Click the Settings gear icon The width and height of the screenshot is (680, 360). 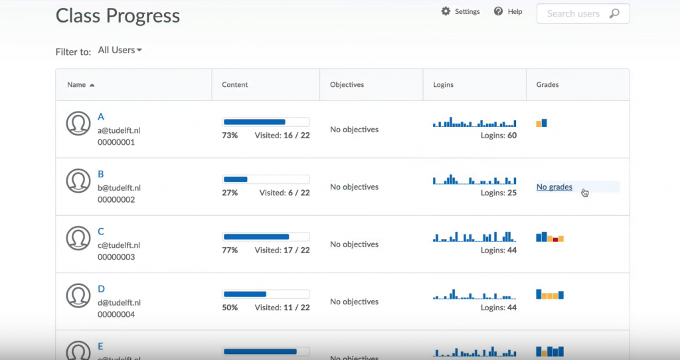click(x=446, y=11)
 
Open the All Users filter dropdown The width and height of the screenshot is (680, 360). click(x=120, y=50)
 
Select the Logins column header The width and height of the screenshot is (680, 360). click(x=444, y=85)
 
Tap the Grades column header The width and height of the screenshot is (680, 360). click(x=547, y=85)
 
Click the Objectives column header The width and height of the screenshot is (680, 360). click(x=347, y=85)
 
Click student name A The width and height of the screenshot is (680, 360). click(x=101, y=117)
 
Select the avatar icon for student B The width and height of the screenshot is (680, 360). click(x=78, y=181)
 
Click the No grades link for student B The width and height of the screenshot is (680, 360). click(x=554, y=187)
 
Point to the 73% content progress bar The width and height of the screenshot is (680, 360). click(x=266, y=122)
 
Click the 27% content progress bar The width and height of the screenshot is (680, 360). click(x=266, y=179)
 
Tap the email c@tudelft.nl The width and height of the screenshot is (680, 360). click(x=119, y=245)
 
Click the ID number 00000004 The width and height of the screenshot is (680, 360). click(x=116, y=314)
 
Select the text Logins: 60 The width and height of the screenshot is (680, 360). click(x=498, y=135)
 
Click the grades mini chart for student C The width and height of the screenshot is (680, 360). click(x=550, y=237)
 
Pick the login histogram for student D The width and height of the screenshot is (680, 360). click(x=474, y=294)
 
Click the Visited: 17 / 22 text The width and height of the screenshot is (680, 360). click(x=282, y=250)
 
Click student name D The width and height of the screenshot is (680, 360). click(x=102, y=289)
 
